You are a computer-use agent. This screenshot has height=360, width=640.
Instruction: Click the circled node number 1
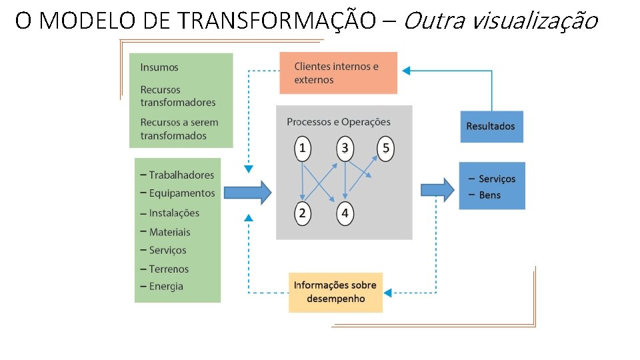302,148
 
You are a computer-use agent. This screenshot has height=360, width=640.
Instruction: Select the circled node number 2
302,213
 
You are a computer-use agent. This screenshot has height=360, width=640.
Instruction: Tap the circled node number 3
345,148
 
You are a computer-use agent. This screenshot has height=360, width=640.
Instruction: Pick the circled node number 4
345,213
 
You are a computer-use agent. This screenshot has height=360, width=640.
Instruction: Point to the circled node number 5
385,148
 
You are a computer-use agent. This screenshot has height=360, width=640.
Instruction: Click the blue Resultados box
491,126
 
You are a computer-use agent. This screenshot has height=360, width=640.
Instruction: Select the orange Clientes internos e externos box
338,73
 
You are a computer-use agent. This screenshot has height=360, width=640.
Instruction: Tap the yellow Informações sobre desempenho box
335,292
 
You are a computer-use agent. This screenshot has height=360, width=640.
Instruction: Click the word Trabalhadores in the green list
181,175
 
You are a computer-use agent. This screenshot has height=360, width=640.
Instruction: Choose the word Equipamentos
182,193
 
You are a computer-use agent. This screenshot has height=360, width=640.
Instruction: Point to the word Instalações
174,213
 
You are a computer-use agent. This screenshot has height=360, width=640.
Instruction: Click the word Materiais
169,232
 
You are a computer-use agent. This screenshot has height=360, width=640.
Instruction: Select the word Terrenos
169,269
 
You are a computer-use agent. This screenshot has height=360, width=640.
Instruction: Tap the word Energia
166,287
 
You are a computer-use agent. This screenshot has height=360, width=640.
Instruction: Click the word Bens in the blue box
489,195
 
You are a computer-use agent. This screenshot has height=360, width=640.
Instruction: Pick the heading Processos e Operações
339,122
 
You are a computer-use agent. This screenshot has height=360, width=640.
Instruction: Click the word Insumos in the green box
159,67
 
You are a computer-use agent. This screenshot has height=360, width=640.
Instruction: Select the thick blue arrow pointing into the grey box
247,193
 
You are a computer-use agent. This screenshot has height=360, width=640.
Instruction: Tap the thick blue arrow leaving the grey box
437,189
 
